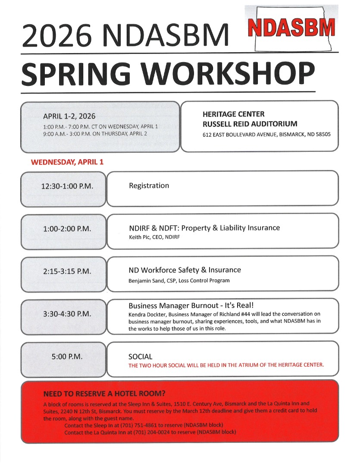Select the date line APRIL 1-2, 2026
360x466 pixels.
click(x=69, y=116)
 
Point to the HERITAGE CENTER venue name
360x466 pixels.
click(x=233, y=114)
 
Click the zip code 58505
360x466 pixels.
click(x=322, y=135)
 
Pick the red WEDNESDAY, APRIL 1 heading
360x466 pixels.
click(x=67, y=162)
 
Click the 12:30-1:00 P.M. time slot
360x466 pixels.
click(x=67, y=186)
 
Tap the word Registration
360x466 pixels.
click(x=149, y=186)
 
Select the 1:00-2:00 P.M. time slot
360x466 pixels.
click(x=67, y=229)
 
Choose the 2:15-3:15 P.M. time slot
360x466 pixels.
click(x=67, y=271)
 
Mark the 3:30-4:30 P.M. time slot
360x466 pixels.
click(x=67, y=314)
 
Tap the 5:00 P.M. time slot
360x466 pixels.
click(x=67, y=357)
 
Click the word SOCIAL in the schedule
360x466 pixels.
click(x=140, y=357)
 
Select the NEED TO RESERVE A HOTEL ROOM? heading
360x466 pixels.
click(x=104, y=394)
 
